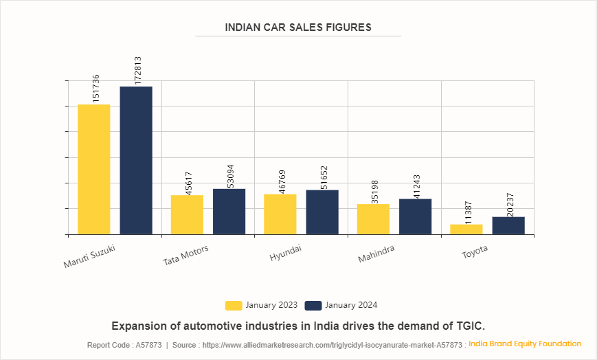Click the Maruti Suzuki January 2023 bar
pyautogui.click(x=93, y=169)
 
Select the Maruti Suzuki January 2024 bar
pyautogui.click(x=136, y=160)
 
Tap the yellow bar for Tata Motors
pyautogui.click(x=187, y=214)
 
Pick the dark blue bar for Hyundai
pyautogui.click(x=322, y=212)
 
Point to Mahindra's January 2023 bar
pyautogui.click(x=373, y=219)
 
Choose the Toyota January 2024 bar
pyautogui.click(x=508, y=225)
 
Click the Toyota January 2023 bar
pyautogui.click(x=466, y=229)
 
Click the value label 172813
pyautogui.click(x=137, y=71)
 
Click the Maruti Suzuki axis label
pyautogui.click(x=89, y=256)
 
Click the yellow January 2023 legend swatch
pyautogui.click(x=234, y=305)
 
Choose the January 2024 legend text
pyautogui.click(x=351, y=305)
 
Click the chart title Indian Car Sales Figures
pyautogui.click(x=298, y=27)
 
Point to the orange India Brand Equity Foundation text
pyautogui.click(x=525, y=344)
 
